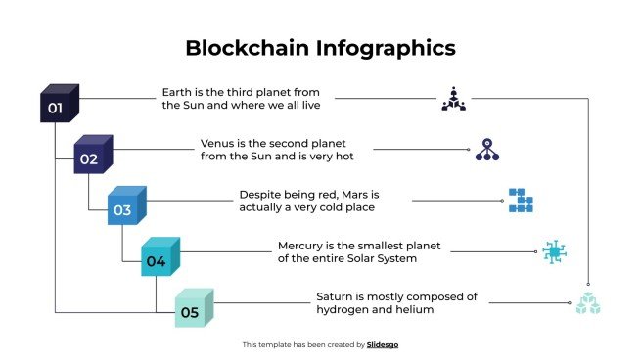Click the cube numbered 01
(58, 104)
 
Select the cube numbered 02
(92, 156)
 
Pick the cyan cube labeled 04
(159, 258)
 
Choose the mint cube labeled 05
(192, 310)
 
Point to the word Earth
(177, 92)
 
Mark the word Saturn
(337, 296)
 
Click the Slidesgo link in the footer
(383, 344)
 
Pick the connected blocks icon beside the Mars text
(520, 201)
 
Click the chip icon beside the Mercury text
(554, 252)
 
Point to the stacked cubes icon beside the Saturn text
(587, 303)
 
